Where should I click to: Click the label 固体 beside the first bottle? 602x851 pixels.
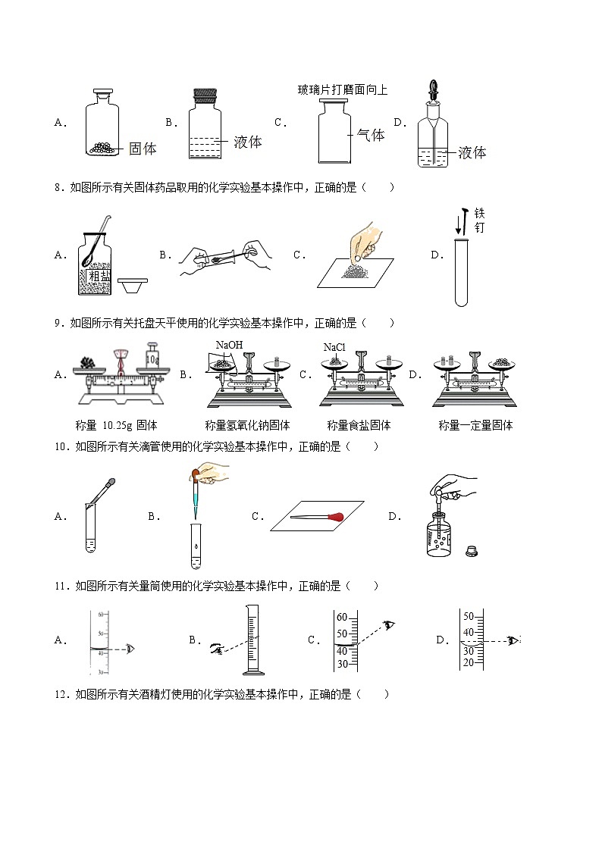coord(143,149)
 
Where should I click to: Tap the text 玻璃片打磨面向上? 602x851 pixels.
coord(343,90)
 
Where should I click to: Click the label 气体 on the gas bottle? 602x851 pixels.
coord(371,135)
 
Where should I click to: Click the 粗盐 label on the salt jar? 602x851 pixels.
coord(99,277)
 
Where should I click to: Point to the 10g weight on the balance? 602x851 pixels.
coord(152,354)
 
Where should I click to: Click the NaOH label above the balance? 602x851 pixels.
coord(229,346)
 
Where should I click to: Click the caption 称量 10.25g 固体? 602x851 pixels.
coord(118,425)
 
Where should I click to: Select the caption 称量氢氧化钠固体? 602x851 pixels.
coord(247,425)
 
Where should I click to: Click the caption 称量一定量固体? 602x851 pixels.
coord(475,425)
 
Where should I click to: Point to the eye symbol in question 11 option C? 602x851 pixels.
coord(390,624)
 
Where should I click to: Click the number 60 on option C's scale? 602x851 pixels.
coord(342,616)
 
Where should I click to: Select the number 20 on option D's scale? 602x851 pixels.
coord(469,662)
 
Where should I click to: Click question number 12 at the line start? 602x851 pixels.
coord(61,694)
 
